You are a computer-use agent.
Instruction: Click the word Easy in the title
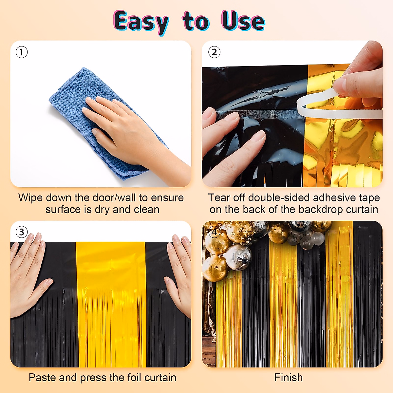pyautogui.click(x=141, y=22)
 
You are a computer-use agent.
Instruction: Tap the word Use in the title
pyautogui.click(x=243, y=21)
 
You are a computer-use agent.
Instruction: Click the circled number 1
pyautogui.click(x=22, y=52)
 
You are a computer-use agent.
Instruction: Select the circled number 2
pyautogui.click(x=214, y=52)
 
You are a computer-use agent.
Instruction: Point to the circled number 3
pyautogui.click(x=22, y=232)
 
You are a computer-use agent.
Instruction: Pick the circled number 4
pyautogui.click(x=214, y=232)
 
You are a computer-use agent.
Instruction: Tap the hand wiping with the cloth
pyautogui.click(x=128, y=128)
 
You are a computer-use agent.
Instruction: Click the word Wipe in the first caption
pyautogui.click(x=30, y=198)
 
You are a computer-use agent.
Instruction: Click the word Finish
pyautogui.click(x=289, y=378)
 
